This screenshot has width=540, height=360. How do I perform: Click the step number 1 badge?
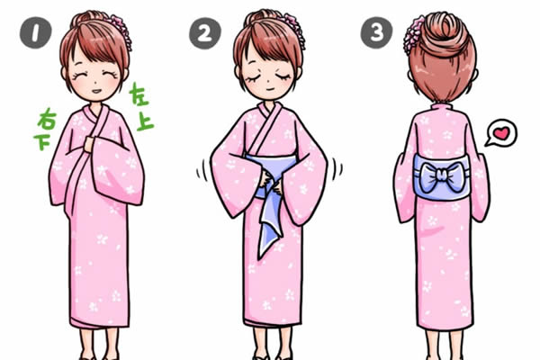(x=35, y=32)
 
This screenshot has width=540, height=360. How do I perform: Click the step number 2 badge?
(x=205, y=33)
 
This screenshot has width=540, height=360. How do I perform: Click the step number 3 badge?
(x=376, y=32)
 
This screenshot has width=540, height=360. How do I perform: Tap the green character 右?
(x=47, y=120)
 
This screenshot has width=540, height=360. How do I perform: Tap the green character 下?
(x=42, y=141)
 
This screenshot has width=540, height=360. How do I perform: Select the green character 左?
(x=139, y=94)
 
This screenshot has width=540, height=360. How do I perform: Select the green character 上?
(x=145, y=121)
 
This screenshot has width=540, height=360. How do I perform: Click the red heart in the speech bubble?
(x=501, y=133)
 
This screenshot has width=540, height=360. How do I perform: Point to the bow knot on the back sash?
(x=442, y=177)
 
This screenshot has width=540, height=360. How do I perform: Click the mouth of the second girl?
(x=270, y=89)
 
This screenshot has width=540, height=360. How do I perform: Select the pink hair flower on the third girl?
(x=412, y=35)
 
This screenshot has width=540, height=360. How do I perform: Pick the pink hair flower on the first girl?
(x=121, y=31)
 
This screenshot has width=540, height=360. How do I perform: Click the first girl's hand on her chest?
(x=89, y=144)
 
